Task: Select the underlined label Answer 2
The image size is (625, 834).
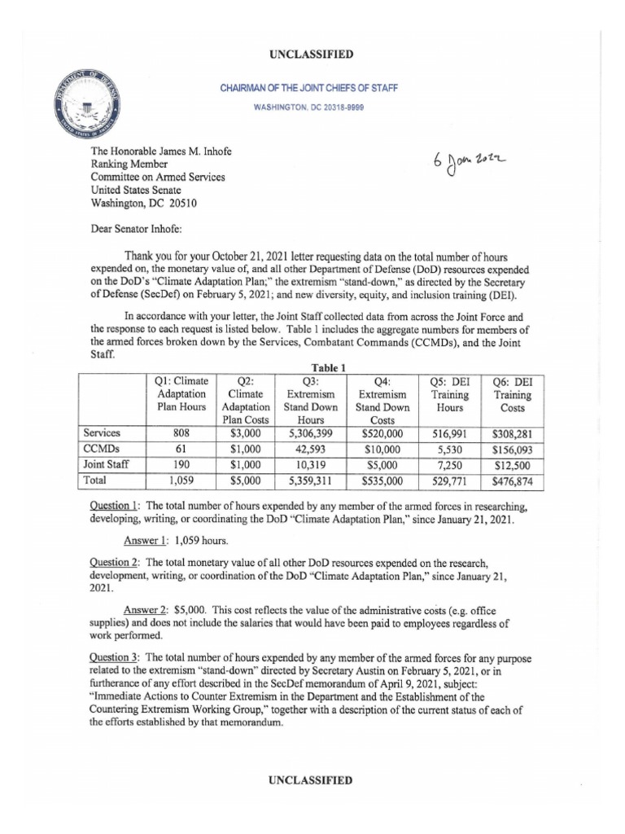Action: click(145, 610)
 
